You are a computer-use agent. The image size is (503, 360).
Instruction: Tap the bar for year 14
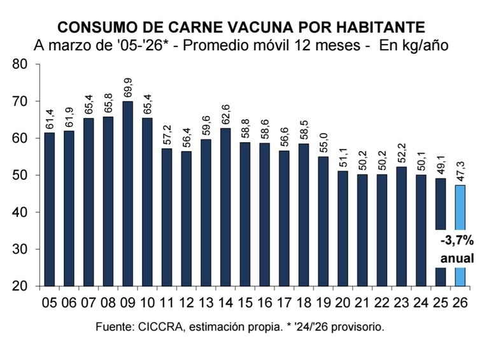226,206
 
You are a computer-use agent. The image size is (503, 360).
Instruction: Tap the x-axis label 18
304,301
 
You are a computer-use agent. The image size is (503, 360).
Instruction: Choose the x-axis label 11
167,301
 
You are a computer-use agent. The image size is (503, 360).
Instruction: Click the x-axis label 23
402,301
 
